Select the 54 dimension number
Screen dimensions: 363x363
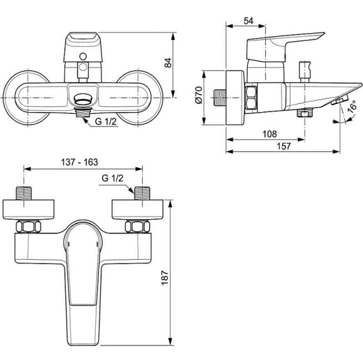coord(248,21)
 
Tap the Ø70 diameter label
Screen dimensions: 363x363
coord(198,95)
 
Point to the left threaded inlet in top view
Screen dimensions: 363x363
coord(23,192)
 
